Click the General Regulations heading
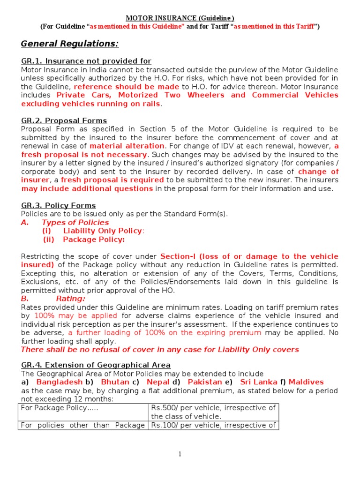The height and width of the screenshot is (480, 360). point(70,44)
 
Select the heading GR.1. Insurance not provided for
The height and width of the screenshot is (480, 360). point(86,61)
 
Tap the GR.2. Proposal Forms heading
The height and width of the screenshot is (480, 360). point(64,120)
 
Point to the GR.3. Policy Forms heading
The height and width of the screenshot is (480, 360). point(59,205)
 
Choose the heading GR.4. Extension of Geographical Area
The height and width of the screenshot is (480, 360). point(96,365)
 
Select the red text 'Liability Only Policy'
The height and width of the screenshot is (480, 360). point(103,231)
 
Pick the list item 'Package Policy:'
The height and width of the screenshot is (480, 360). point(94,240)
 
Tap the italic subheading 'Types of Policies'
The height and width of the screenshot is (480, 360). point(75,222)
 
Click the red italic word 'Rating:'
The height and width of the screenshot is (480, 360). point(71,298)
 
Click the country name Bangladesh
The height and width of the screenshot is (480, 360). point(60,382)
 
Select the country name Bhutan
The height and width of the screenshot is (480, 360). point(115,382)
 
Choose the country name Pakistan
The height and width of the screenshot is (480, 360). point(205,382)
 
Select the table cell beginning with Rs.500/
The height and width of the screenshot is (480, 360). point(213,412)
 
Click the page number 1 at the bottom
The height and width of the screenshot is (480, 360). point(180,454)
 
